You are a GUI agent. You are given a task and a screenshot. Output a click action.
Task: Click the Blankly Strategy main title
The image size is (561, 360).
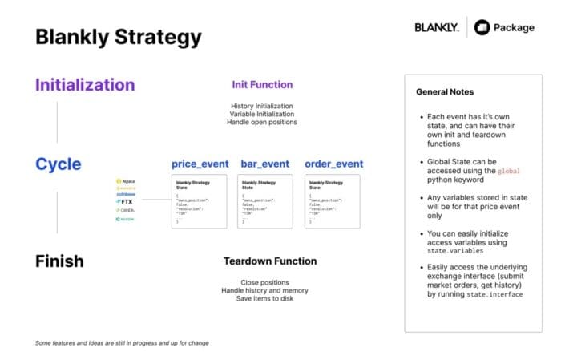coord(118,37)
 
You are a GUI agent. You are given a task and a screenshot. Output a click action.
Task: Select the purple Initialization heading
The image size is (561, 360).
coord(85,84)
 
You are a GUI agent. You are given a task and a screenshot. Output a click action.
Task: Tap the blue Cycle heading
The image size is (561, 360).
coord(58,164)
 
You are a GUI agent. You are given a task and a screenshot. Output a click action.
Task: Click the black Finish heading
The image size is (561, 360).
coord(59,261)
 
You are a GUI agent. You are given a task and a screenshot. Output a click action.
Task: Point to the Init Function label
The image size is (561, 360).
coord(262,84)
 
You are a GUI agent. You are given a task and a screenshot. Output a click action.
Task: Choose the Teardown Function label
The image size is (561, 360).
coord(269,261)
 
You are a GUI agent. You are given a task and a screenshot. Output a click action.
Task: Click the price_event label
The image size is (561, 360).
coord(200,164)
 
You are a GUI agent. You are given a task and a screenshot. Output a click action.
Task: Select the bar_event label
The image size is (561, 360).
coord(265,164)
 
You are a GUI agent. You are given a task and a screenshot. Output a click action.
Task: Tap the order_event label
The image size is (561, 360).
coord(333,164)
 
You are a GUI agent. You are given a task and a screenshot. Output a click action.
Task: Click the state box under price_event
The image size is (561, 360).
coord(199,201)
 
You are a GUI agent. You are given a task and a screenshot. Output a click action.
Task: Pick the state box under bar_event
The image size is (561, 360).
coord(265,201)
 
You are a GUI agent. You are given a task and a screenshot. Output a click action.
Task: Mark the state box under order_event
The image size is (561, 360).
coord(332,201)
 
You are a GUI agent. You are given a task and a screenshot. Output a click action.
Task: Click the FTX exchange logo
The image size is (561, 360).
coord(125,200)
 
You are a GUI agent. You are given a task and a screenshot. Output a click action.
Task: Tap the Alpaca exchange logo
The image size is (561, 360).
coord(127,181)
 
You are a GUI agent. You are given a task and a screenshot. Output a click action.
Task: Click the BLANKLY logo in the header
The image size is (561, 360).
coord(436,27)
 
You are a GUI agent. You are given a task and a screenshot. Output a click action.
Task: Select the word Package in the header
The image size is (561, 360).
coord(514,27)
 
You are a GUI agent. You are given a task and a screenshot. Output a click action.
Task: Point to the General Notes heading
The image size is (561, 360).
coord(444,92)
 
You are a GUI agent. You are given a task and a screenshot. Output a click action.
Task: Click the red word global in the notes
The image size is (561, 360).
coord(509,171)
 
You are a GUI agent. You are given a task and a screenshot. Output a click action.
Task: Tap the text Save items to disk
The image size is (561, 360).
coord(264,299)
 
